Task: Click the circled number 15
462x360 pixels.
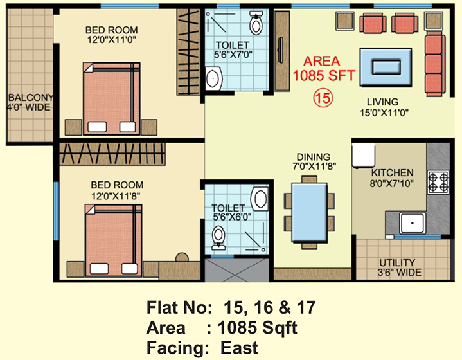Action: tap(323, 98)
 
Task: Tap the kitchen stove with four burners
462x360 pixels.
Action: tap(438, 182)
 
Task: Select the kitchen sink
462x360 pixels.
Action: tap(413, 223)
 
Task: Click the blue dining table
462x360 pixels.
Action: tap(309, 212)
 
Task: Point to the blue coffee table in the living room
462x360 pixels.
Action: tap(386, 67)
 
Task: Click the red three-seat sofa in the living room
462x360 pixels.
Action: tap(434, 64)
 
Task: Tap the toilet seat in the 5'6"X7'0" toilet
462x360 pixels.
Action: tap(256, 23)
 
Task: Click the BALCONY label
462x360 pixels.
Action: tap(31, 97)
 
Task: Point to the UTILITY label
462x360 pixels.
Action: tap(397, 263)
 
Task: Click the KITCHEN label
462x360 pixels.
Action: tap(392, 172)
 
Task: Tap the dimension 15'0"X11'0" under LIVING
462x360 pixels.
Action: tap(384, 113)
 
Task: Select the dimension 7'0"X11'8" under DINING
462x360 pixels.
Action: tap(314, 166)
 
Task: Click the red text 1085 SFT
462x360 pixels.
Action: tap(323, 75)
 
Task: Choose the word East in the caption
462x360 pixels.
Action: tap(239, 348)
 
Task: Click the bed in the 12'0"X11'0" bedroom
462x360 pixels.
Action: tap(111, 98)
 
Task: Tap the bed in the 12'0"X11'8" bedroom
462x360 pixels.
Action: tap(114, 240)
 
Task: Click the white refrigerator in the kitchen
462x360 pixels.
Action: tap(363, 156)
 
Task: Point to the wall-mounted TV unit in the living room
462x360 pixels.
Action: tap(281, 51)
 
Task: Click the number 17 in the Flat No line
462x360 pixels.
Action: tap(306, 307)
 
